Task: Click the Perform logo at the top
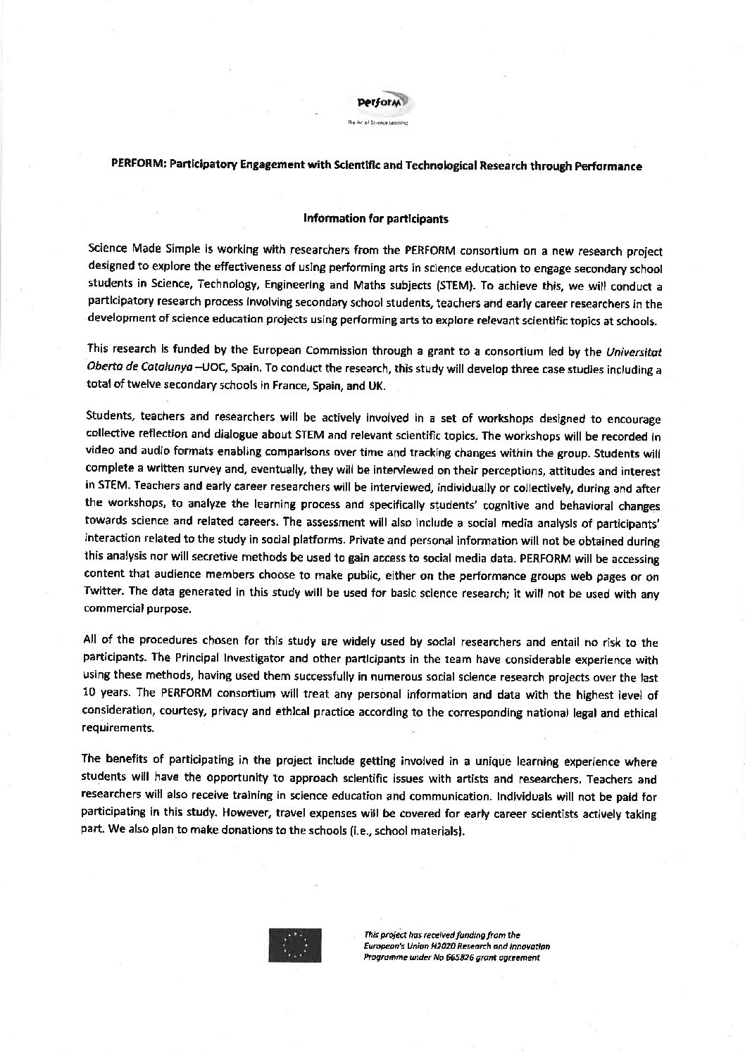[380, 103]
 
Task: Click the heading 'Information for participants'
[375, 219]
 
